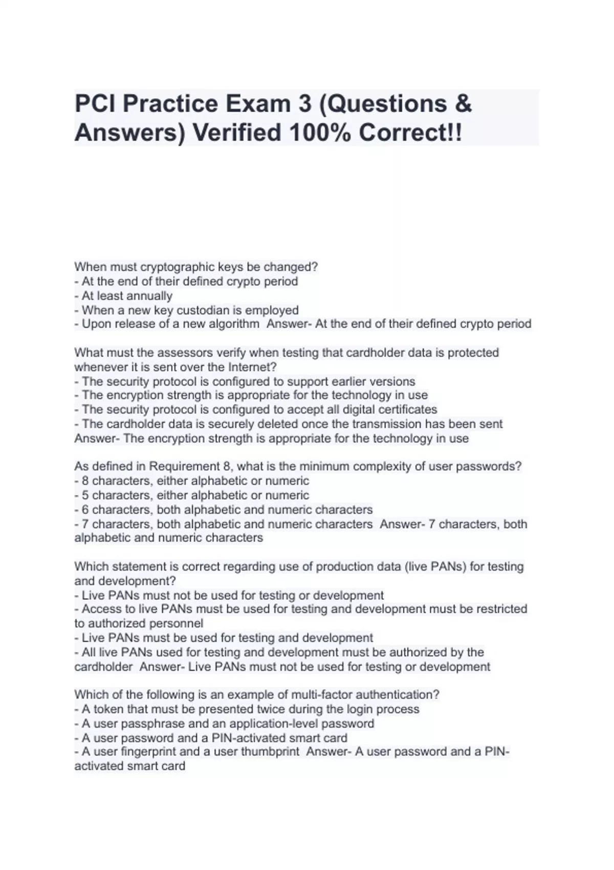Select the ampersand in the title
(x=462, y=104)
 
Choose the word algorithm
(x=234, y=324)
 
